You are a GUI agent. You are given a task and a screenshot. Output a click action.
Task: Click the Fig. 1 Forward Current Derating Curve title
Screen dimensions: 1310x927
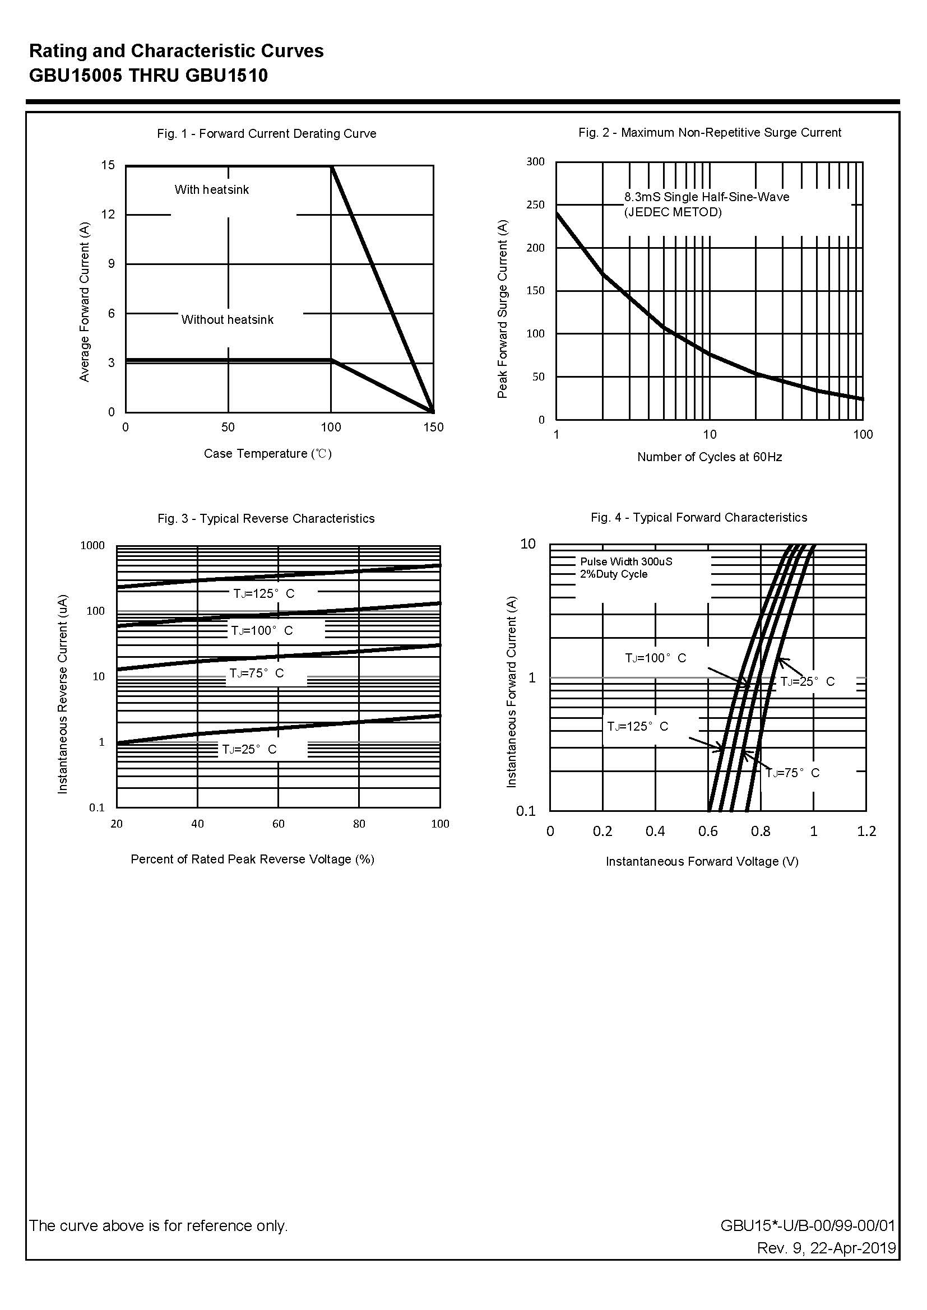(x=267, y=133)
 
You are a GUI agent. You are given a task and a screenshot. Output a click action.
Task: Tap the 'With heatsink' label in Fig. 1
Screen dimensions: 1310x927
(x=212, y=189)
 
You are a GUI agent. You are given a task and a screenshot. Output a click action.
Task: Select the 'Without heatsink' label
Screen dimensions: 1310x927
(x=227, y=319)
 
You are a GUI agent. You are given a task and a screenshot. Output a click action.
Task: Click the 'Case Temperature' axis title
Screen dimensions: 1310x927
(x=267, y=454)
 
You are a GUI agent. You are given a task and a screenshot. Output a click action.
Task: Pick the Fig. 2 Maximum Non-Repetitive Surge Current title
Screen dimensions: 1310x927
(x=710, y=132)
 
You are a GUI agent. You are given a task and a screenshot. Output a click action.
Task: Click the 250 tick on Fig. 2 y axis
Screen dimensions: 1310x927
(x=535, y=205)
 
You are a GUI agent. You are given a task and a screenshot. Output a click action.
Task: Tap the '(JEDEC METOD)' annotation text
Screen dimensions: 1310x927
(x=673, y=212)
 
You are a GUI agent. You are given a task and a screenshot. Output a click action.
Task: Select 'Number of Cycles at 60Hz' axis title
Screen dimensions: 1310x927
(x=710, y=457)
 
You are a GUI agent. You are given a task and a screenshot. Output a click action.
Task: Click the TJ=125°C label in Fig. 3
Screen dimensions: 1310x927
(x=264, y=593)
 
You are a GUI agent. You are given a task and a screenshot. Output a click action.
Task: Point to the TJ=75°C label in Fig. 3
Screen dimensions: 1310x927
(x=256, y=673)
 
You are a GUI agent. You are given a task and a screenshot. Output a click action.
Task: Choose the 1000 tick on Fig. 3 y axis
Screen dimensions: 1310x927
(x=92, y=545)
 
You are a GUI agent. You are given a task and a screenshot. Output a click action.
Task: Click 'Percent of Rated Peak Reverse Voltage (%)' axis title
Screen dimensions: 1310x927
(x=252, y=860)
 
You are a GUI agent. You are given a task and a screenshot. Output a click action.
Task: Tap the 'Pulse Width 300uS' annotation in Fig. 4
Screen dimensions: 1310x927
(x=626, y=561)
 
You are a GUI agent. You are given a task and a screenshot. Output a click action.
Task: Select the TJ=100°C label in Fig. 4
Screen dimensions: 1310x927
(x=655, y=658)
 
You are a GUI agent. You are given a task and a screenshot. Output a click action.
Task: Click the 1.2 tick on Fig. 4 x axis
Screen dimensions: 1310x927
(x=866, y=831)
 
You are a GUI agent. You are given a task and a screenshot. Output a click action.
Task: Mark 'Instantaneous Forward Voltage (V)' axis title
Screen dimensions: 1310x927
(x=702, y=862)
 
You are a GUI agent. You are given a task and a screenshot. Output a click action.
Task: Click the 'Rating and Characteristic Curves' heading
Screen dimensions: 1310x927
(x=177, y=52)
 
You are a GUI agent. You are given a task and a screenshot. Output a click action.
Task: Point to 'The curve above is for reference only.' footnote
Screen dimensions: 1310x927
(x=159, y=1225)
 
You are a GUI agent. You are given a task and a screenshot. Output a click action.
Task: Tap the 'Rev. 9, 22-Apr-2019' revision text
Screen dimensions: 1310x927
(x=826, y=1248)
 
